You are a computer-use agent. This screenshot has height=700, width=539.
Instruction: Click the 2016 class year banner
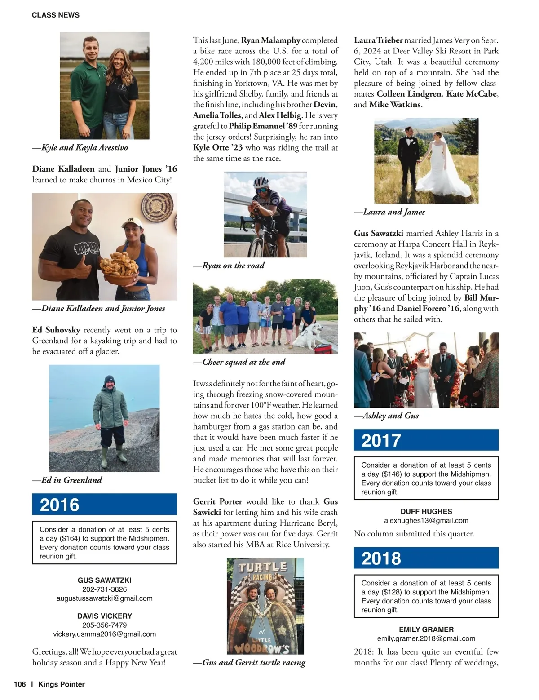pyautogui.click(x=104, y=504)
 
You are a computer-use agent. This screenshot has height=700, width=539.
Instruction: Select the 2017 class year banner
pyautogui.click(x=426, y=440)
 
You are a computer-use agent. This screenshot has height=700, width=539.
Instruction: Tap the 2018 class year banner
pyautogui.click(x=426, y=558)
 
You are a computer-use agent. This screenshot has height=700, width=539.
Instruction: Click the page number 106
pyautogui.click(x=20, y=684)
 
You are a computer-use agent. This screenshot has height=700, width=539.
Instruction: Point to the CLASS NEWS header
pyautogui.click(x=56, y=15)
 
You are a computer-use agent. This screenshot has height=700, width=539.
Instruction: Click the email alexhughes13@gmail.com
pyautogui.click(x=426, y=520)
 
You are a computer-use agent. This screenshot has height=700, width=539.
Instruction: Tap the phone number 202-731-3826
pyautogui.click(x=104, y=589)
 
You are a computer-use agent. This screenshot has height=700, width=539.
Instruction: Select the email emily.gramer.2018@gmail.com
pyautogui.click(x=426, y=638)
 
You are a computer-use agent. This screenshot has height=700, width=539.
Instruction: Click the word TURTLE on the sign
pyautogui.click(x=263, y=567)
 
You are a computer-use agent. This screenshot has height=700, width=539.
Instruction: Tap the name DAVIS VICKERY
pyautogui.click(x=104, y=616)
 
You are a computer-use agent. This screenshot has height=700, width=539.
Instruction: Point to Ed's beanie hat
pyautogui.click(x=109, y=380)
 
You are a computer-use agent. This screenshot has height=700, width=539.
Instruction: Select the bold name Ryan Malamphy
pyautogui.click(x=271, y=40)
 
